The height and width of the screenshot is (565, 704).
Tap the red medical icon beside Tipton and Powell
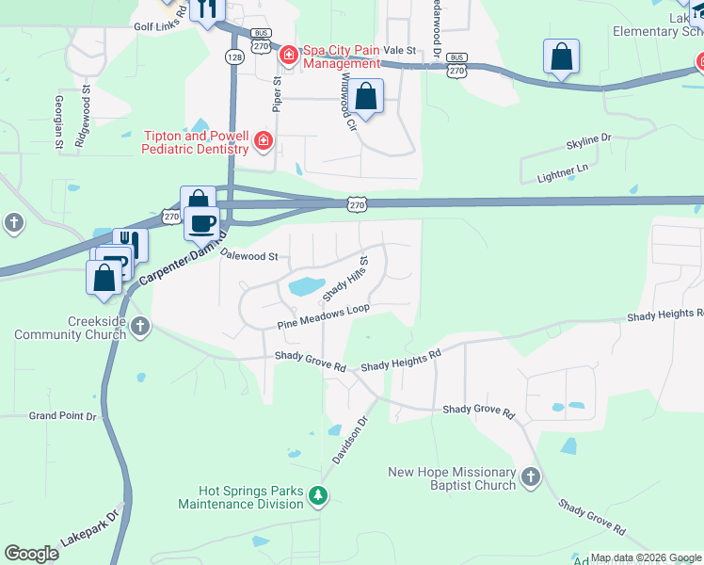click(x=264, y=142)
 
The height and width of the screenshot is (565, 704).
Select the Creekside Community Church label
click(x=70, y=327)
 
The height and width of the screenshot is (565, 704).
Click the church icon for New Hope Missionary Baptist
click(x=531, y=476)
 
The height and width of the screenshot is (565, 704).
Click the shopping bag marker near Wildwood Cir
click(x=367, y=95)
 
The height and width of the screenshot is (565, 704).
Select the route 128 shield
click(x=232, y=57)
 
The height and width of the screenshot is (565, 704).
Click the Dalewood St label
click(x=248, y=255)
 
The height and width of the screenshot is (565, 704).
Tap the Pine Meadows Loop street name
click(x=323, y=316)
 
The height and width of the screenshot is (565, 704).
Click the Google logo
click(x=31, y=554)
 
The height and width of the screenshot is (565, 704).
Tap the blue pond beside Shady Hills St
click(x=307, y=285)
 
